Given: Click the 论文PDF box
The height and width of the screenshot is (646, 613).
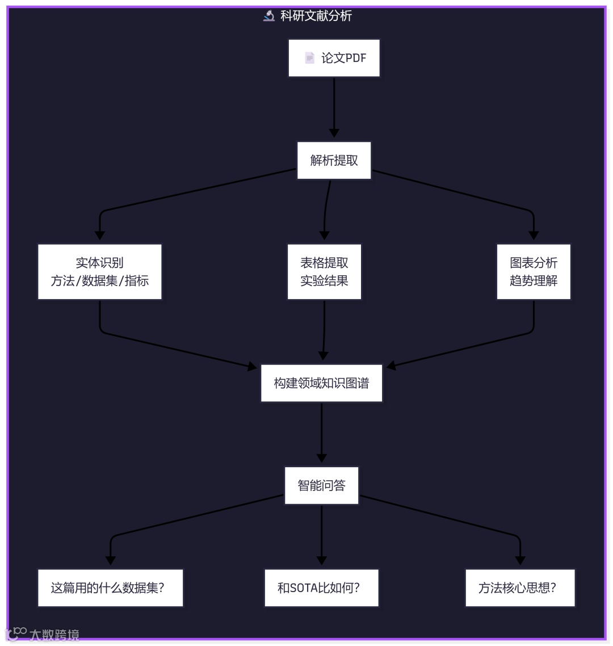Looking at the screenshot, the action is pos(334,58).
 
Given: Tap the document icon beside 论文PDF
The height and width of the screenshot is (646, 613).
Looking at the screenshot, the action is pos(309,58).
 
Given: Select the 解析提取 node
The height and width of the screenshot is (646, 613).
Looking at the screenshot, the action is pos(334,161).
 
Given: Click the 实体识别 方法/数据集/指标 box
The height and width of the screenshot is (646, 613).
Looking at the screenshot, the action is pos(100,272).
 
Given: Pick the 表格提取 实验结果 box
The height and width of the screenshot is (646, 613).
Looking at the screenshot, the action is pos(324,272).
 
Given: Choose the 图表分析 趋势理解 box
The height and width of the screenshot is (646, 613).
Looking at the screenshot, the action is pos(534,272).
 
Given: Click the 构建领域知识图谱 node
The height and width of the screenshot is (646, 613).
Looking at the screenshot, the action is pos(321,383).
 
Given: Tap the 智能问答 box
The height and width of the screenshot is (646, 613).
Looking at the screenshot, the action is pos(321,485).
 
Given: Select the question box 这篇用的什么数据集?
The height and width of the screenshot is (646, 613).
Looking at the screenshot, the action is pos(111,588).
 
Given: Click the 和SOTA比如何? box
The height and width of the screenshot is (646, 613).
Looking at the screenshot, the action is pos(321,588).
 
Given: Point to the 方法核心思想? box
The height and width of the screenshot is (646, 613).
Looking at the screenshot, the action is pos(520,588).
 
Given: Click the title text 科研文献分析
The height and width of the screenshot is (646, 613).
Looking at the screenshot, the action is pos(316,16).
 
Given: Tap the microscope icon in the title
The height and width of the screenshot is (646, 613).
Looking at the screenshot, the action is pos(269,16).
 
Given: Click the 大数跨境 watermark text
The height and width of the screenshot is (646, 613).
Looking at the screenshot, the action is pos(54,635).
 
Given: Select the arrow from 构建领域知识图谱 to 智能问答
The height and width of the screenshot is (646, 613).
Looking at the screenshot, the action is pos(321,431).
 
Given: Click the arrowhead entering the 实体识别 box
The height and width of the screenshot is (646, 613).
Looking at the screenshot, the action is pos(100,235).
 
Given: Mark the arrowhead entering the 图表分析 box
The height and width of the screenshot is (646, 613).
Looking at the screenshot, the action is pos(534,235).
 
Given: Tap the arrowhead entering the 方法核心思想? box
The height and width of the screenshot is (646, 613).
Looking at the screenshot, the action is pos(520,560).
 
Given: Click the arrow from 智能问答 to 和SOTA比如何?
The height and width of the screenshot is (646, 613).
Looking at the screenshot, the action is pos(321,534).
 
